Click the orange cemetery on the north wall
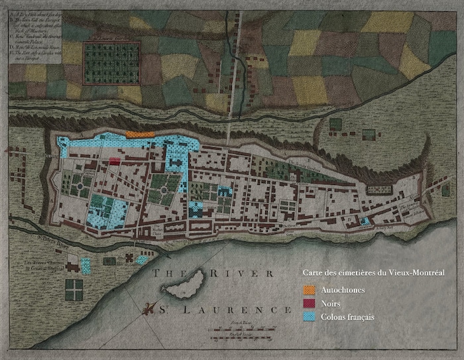click(140, 134)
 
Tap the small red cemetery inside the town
click(115, 161)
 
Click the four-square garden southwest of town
click(74, 289)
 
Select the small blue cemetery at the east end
click(365, 222)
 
